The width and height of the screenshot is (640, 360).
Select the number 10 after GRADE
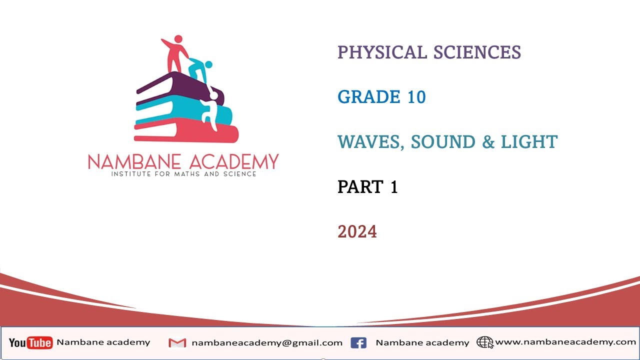416,97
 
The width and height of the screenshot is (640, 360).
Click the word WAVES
370,142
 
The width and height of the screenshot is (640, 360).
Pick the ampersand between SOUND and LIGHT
488,142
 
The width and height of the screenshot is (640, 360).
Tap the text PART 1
367,187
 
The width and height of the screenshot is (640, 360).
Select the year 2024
357,232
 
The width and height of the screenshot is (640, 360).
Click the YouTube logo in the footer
30,342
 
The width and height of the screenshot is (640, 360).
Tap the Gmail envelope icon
177,343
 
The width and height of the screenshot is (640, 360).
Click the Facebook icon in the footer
358,343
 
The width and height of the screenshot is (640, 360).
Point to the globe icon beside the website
484,342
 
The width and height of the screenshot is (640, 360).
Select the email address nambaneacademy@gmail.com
267,343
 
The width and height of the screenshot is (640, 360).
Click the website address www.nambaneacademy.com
565,342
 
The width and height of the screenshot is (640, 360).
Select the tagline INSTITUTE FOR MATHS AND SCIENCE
183,174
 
